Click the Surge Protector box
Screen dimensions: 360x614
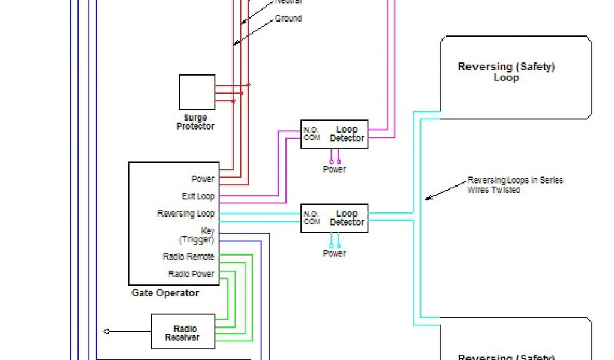197,92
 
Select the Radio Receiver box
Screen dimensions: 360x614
182,331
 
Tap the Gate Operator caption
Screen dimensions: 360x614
165,293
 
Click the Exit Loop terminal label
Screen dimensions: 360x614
198,196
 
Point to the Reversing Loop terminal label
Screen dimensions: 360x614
186,214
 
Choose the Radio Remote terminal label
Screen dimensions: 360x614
189,257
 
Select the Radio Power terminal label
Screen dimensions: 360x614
191,274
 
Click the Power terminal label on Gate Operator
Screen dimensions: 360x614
203,179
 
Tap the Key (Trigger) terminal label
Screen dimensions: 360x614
197,235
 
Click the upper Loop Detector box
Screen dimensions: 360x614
334,134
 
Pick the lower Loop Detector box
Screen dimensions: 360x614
334,218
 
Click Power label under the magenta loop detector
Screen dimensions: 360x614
335,170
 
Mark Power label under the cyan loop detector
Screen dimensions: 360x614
335,254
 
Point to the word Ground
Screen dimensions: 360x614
288,19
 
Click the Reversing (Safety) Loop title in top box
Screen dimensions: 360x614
506,72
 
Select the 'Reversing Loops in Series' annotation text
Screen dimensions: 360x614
514,185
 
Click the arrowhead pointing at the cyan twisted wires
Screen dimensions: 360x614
426,198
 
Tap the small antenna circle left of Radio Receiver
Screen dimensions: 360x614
107,331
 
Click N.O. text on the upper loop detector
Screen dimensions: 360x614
311,130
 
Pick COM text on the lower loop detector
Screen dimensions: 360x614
311,221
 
